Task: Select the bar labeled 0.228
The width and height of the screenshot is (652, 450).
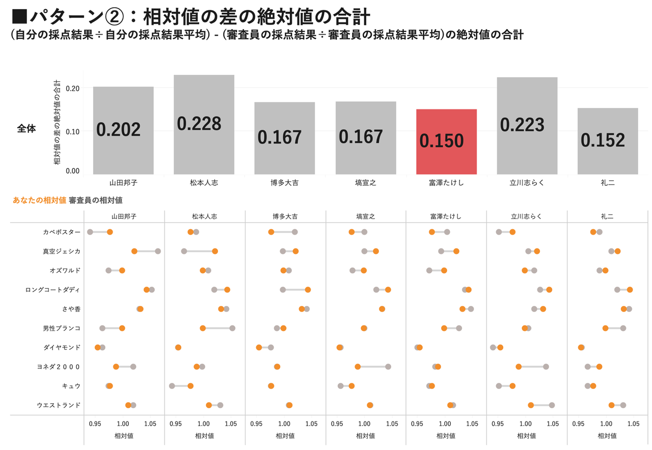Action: coord(204,124)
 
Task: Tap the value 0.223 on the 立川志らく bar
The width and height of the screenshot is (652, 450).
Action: coord(522,125)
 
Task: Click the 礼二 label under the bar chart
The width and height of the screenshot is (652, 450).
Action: coord(608,182)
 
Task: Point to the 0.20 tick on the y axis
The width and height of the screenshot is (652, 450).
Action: coord(73,88)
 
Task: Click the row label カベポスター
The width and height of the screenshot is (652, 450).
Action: coord(62,232)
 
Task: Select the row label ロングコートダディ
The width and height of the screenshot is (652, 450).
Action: coord(52,290)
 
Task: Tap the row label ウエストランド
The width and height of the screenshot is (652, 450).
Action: coord(59,405)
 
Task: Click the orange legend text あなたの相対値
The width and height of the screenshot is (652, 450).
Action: coord(39,200)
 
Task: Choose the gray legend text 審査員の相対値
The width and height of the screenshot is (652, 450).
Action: coord(96,200)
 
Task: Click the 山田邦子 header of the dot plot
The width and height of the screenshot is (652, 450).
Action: coord(124,216)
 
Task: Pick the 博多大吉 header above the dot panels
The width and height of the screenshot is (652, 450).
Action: coord(285,216)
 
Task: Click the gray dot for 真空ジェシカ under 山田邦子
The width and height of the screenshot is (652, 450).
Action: coord(158,251)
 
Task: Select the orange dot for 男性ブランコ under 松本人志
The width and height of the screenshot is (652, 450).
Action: coord(203,328)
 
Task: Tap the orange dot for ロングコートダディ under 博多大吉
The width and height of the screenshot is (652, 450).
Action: coord(308,290)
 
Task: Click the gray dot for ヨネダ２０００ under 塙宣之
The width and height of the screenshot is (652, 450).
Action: coord(388,367)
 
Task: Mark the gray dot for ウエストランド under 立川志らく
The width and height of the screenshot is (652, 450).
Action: coord(552,405)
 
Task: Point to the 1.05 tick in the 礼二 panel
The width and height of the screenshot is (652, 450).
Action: coord(634,424)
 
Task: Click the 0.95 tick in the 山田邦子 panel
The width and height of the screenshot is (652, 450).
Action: coord(95,424)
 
